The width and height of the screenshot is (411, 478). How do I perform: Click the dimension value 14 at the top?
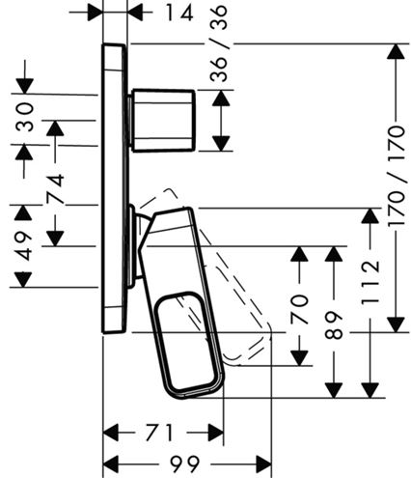click(x=179, y=13)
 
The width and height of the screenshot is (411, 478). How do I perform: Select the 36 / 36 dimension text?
click(x=219, y=43)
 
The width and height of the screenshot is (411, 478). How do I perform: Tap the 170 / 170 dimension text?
click(x=397, y=176)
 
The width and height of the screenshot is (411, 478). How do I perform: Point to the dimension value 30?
click(x=25, y=117)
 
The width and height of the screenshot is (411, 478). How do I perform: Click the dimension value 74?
click(x=55, y=189)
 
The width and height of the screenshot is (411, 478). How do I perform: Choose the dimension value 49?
click(x=23, y=246)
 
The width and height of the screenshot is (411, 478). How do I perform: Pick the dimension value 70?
click(x=300, y=309)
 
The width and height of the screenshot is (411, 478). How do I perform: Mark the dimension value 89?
click(x=334, y=325)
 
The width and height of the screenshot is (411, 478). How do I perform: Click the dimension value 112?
click(x=370, y=283)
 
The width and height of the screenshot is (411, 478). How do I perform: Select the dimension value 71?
click(x=160, y=433)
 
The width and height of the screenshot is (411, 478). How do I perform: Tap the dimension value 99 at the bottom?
click(x=184, y=464)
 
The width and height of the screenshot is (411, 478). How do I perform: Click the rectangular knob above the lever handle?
click(x=163, y=121)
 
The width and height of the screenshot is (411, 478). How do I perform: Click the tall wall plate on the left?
click(x=114, y=188)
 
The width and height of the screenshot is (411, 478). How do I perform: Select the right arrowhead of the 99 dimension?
click(x=263, y=464)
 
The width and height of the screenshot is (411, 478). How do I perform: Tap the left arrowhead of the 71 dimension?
click(x=111, y=433)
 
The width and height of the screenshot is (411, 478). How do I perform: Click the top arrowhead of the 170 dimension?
click(x=396, y=51)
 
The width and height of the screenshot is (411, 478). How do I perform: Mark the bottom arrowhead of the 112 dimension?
click(x=370, y=390)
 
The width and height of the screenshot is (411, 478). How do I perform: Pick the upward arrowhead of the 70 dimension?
click(x=299, y=254)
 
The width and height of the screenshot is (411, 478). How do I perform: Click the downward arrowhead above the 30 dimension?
click(x=25, y=86)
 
